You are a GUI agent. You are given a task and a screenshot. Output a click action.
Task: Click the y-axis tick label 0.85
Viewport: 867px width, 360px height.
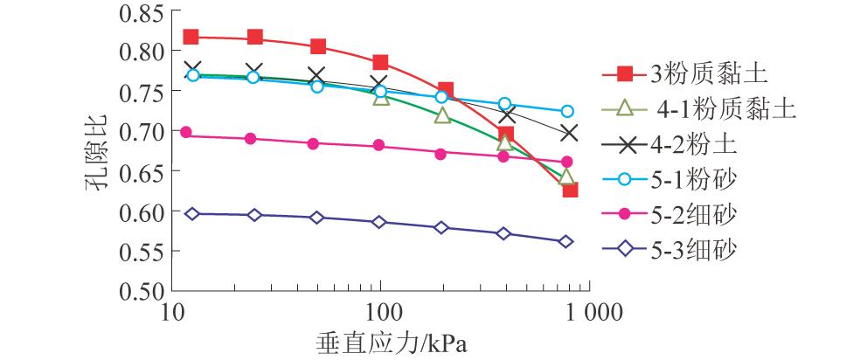(x=139, y=12)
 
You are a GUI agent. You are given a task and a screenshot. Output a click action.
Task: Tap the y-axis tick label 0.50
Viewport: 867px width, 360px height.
(x=139, y=291)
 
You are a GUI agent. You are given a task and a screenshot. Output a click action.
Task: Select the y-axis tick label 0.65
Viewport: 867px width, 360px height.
(x=139, y=171)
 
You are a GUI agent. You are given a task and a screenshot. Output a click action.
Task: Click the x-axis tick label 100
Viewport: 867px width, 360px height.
(x=381, y=311)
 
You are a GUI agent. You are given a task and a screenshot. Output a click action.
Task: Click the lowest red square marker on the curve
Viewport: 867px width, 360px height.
(x=570, y=189)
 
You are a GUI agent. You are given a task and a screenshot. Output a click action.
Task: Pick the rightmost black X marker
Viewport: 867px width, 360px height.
(x=569, y=133)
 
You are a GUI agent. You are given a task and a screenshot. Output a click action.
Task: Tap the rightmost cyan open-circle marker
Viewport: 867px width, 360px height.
(x=567, y=112)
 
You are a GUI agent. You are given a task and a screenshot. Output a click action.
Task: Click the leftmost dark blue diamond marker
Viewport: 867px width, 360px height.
(x=191, y=213)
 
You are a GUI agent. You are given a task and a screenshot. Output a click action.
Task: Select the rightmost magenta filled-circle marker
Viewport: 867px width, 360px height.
(x=566, y=162)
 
